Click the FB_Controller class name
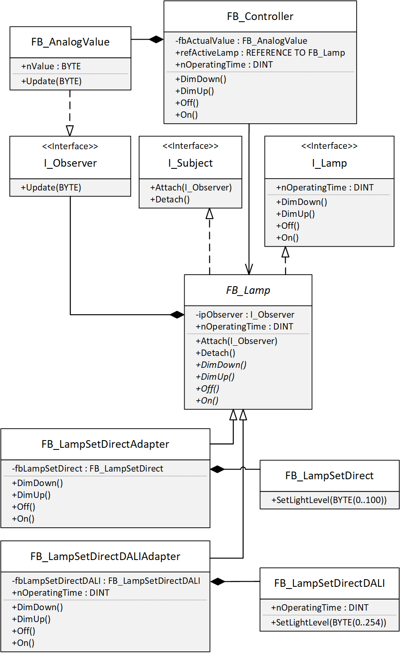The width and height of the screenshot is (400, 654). tap(260, 17)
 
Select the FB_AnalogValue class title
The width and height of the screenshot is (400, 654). tap(70, 42)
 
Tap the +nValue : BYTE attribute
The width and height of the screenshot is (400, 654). tap(51, 66)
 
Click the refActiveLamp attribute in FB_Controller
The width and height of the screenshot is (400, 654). tap(260, 53)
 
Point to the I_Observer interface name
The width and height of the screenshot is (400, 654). tap(70, 163)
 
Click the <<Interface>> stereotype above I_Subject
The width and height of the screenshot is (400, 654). tap(190, 146)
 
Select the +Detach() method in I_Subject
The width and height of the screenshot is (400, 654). tap(170, 199)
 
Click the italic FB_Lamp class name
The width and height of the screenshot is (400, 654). tap(248, 290)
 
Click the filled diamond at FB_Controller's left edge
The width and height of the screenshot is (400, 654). tap(156, 40)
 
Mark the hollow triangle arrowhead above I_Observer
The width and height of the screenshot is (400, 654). tap(70, 131)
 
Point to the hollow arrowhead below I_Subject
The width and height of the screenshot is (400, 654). tap(209, 213)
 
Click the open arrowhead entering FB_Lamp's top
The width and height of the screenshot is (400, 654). tap(249, 269)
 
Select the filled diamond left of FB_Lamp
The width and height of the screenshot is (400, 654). tap(177, 315)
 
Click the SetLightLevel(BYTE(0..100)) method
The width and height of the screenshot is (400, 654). tap(329, 500)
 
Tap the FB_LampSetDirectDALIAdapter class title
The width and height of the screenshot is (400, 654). tap(105, 557)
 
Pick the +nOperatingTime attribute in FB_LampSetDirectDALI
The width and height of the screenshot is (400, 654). tap(320, 608)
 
